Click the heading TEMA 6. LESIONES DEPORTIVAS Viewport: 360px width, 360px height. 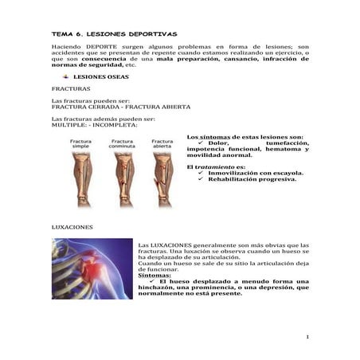(108, 35)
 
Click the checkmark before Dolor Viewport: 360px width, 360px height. (201, 143)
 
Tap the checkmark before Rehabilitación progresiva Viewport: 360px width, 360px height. (201, 179)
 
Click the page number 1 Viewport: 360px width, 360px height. (307, 337)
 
